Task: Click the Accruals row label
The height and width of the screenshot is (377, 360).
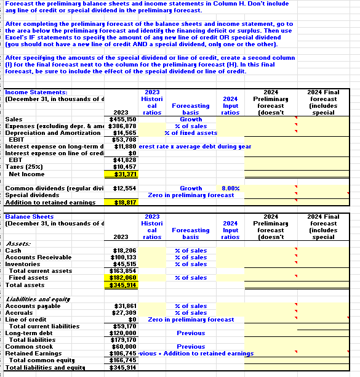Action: [x=18, y=312]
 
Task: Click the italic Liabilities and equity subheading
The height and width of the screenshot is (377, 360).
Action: [x=34, y=298]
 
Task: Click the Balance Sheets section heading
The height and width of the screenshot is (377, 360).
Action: [x=29, y=217]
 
